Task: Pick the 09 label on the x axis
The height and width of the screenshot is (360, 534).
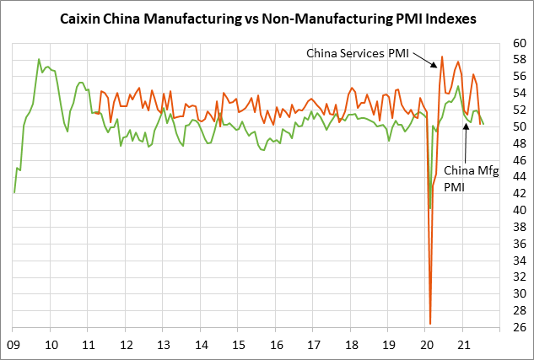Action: [x=13, y=344]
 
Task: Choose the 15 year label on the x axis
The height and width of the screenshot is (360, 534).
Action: [x=239, y=344]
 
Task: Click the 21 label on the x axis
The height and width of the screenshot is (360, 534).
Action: [x=463, y=344]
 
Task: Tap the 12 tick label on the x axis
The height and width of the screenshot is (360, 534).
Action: [x=126, y=344]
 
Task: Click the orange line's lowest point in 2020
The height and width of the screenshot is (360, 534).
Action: [x=430, y=323]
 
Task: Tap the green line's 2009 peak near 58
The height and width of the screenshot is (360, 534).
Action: [x=39, y=59]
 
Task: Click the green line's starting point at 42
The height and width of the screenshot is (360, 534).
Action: [x=14, y=193]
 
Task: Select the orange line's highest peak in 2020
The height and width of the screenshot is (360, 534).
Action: [x=442, y=56]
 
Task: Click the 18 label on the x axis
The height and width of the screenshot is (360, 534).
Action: [x=351, y=344]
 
